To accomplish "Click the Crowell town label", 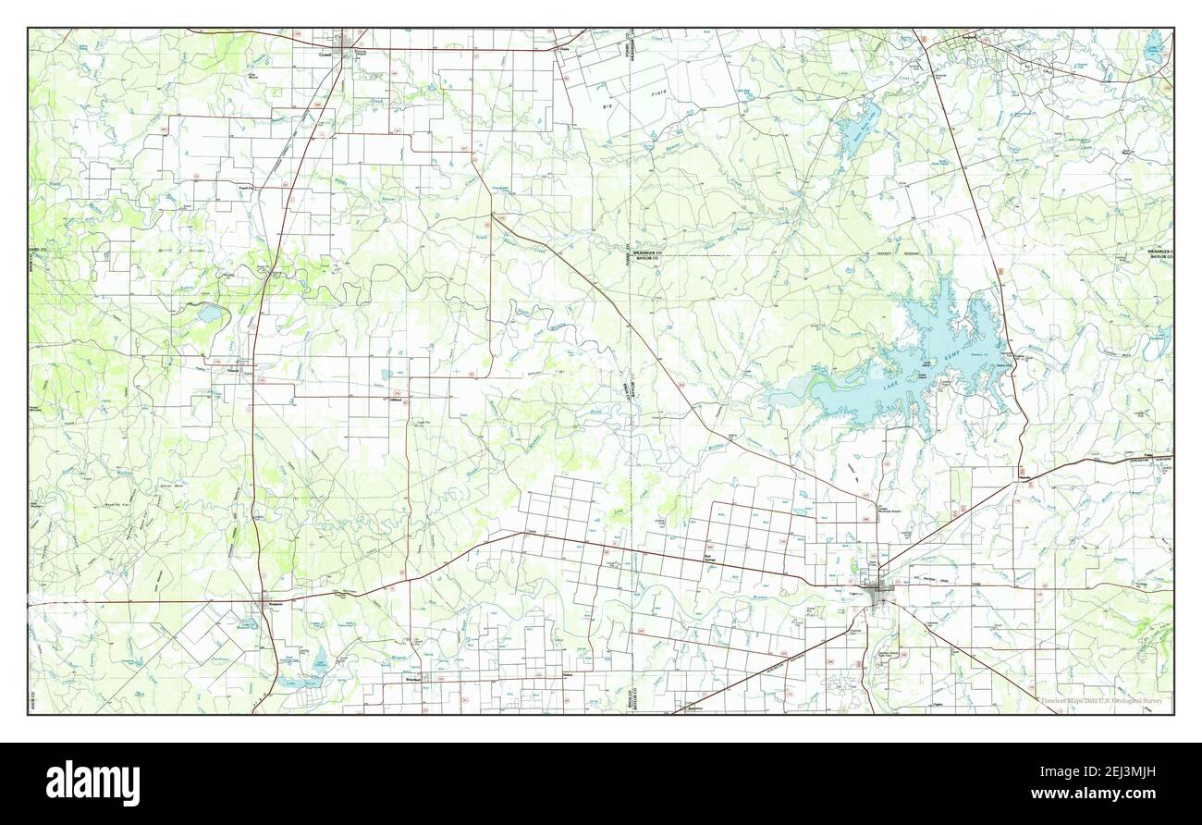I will point(325,55).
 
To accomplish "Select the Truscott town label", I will point(233,372).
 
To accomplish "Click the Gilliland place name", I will point(399,400).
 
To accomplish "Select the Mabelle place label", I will point(1024,478).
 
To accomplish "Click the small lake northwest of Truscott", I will point(209,314).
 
